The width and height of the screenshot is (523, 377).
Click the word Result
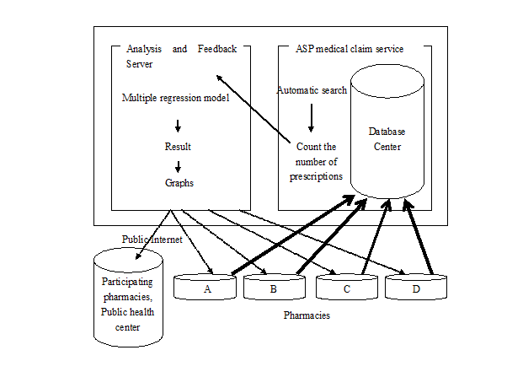click(178, 147)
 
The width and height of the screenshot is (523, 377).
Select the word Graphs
click(179, 182)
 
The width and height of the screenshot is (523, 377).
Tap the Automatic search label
click(311, 90)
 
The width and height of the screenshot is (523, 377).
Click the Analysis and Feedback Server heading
click(181, 56)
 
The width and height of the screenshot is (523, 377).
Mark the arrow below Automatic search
click(311, 118)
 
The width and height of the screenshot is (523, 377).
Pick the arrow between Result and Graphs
click(178, 165)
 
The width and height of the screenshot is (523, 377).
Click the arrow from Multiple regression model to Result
click(178, 126)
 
